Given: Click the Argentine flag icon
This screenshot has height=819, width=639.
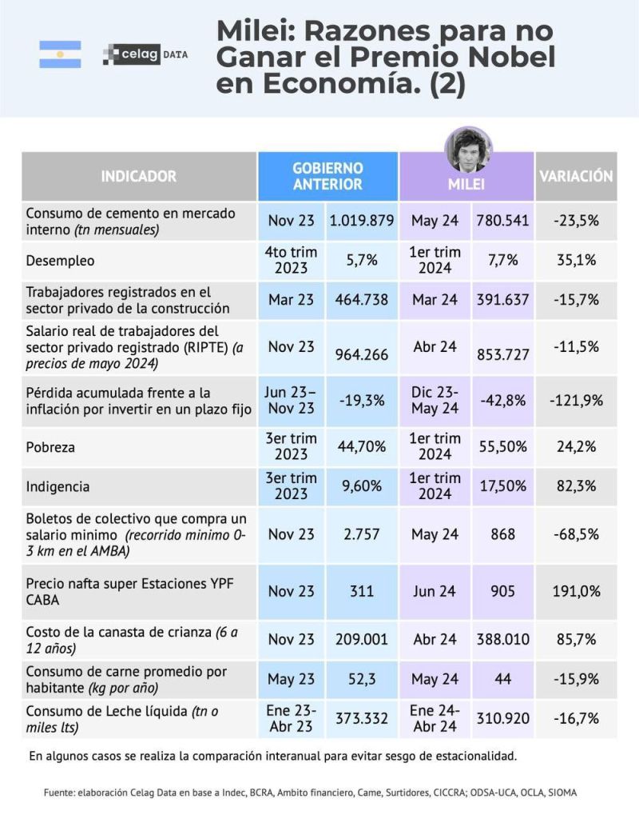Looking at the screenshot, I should coord(60,54).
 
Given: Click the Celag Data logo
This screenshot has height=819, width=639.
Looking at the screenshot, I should coord(145,54).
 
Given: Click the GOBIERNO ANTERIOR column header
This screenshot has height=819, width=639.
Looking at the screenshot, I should coord(327,176).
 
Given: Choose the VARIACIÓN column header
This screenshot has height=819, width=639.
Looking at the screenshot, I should coord(575,176).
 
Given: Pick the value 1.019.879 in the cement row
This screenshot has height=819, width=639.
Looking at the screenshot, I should coord(362,221).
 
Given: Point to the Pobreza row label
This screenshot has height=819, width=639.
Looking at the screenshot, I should coord(50,447).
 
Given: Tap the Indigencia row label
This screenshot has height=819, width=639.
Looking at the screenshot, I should coord(58,486).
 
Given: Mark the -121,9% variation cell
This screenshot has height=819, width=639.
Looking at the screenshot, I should coord(576,400).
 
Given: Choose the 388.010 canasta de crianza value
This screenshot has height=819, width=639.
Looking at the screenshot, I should coord(503,640).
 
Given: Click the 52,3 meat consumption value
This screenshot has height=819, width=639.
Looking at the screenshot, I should coord(362,679).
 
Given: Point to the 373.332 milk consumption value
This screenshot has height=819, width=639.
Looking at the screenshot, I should coord(362,718).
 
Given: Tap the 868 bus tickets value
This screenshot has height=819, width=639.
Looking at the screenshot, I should coord(503,533).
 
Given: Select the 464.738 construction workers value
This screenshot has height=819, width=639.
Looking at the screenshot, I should coord(362,299).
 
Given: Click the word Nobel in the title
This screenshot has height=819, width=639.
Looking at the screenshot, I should coord(508,58).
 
